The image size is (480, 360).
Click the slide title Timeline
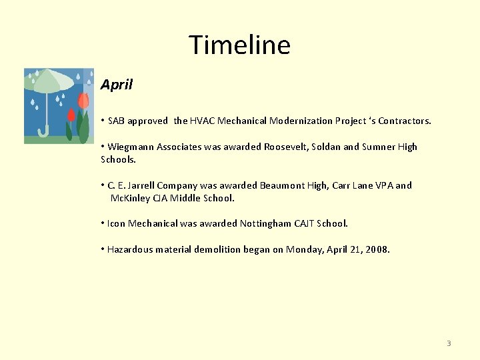coord(239,45)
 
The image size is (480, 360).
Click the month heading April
coord(117,85)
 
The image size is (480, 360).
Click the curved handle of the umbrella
coord(43,131)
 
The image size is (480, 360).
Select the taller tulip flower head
coord(83,101)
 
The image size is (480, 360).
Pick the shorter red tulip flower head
coord(71,115)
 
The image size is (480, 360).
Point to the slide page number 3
coord(449,343)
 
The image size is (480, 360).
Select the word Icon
coord(116,223)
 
